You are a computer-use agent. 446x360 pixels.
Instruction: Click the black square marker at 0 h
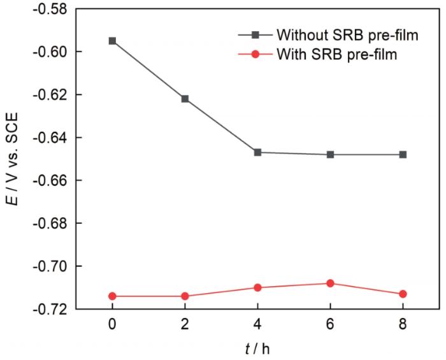112,41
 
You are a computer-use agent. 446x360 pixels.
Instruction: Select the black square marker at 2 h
185,99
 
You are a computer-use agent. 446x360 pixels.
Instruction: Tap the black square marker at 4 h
257,152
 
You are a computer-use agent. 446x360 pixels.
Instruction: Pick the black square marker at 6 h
330,154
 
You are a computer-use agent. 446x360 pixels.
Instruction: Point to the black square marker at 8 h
403,154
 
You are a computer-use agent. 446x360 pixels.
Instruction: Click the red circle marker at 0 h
112,296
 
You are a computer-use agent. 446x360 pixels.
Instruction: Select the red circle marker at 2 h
185,296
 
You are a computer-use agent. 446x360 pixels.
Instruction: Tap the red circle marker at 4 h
257,287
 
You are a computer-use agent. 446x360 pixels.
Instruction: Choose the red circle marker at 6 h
330,283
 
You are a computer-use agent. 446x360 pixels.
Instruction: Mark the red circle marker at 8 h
403,294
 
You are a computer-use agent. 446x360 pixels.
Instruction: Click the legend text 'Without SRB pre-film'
347,35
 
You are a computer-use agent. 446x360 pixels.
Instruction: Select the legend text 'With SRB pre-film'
338,54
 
